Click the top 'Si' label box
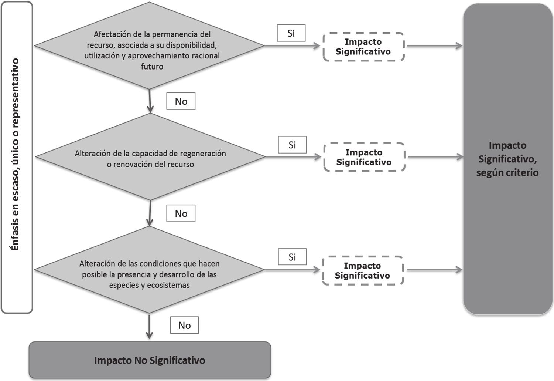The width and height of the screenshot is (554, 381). coord(291,33)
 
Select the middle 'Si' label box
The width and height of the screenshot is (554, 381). coord(292,145)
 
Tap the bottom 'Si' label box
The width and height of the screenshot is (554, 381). coord(292,257)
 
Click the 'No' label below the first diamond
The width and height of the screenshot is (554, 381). coord(181,101)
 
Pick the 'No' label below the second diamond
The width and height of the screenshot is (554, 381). coord(181,213)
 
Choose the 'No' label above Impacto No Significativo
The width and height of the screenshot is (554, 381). coord(184,325)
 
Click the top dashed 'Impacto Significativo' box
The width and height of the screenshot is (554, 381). coord(363,47)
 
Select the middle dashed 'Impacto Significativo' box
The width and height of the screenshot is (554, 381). coord(364,157)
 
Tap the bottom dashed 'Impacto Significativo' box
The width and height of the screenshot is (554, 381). coord(363,271)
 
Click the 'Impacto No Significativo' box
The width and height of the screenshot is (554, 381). coord(150,360)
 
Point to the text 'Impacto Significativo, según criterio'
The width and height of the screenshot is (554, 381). coord(507,159)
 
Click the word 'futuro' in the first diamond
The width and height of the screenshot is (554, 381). coord(152,67)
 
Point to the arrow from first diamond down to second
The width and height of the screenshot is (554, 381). coord(150,101)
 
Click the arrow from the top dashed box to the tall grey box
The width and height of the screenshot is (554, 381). coord(434,46)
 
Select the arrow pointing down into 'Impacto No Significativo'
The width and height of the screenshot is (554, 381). coord(149,326)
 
